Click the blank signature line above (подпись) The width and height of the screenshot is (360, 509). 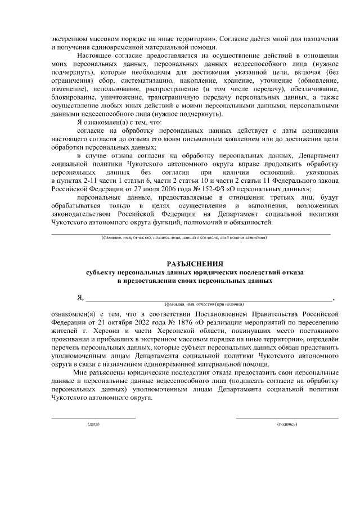(x=287, y=418)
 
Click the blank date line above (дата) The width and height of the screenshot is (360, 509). (x=93, y=418)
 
